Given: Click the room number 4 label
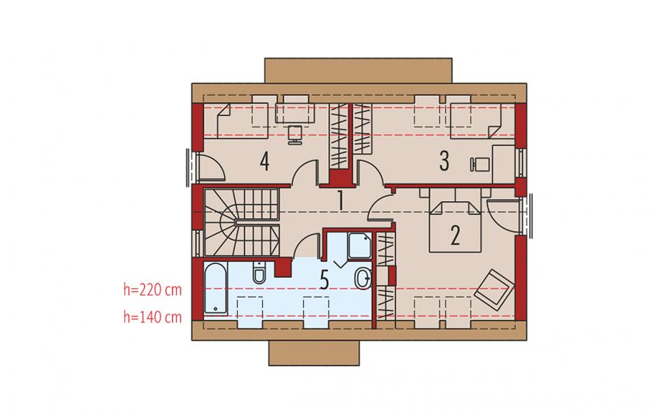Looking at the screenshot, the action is tap(264, 161).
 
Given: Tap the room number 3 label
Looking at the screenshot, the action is tap(444, 161).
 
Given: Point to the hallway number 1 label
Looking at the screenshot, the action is tap(340, 200).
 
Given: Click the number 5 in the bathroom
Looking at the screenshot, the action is tap(324, 280).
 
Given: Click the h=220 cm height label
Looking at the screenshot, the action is tap(152, 289).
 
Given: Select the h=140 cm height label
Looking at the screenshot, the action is tap(152, 317).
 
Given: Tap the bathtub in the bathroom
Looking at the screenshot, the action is tap(216, 289).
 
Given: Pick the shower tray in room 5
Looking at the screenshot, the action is tap(360, 246).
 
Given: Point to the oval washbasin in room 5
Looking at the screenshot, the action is tap(363, 279).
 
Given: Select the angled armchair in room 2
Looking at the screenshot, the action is tap(494, 289).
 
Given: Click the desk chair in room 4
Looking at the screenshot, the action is tap(295, 134).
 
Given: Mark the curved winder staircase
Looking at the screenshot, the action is tap(241, 222).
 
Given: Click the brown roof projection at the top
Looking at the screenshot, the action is tap(359, 71).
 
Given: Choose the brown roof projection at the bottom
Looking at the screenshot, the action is tap(314, 353).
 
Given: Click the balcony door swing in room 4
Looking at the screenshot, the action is tap(210, 167).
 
